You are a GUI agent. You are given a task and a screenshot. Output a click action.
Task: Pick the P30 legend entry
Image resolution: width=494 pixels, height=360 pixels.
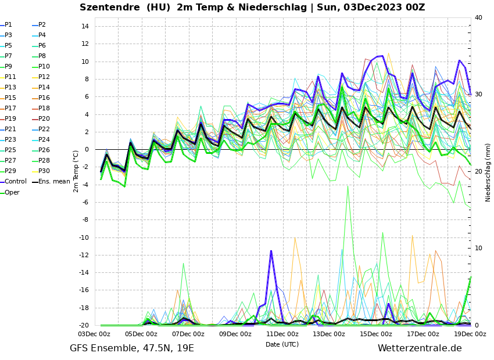[44, 171]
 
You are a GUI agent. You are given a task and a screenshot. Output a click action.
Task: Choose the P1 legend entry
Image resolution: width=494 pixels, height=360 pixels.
[8, 25]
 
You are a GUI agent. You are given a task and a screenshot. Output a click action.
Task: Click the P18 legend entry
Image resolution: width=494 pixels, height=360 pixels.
[44, 109]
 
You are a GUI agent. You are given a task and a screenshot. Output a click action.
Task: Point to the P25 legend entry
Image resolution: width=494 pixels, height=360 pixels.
[10, 150]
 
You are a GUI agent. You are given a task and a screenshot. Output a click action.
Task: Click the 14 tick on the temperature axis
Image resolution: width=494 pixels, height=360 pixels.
[84, 27]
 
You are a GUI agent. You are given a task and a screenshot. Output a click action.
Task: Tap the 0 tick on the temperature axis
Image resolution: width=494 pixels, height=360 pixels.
[86, 150]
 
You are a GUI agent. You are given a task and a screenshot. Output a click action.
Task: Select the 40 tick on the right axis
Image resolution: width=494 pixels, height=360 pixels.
[478, 17]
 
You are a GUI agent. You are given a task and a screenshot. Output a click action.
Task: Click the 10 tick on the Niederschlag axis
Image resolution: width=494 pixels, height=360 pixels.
[478, 249]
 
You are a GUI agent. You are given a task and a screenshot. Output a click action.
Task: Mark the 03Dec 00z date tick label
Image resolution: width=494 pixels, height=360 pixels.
[94, 334]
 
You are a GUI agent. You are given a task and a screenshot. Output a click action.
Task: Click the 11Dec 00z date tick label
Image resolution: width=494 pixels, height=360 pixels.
[282, 334]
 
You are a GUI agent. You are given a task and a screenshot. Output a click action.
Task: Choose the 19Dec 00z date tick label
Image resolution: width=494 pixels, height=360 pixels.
[470, 334]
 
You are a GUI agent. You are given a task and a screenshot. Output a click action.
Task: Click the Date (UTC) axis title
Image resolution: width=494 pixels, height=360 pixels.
[282, 344]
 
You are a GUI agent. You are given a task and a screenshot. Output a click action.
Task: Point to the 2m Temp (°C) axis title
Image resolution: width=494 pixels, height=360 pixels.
[76, 171]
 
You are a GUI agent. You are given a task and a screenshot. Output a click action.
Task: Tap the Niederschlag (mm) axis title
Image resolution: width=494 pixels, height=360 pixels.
[488, 172]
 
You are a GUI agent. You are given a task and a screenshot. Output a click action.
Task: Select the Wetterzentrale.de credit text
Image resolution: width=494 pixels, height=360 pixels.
[420, 348]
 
